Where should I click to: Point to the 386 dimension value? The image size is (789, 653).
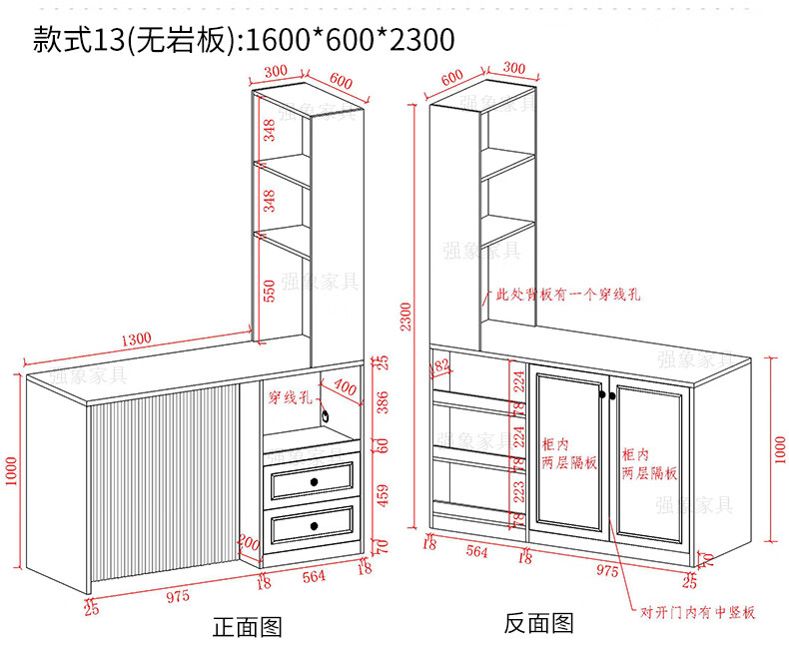point(381,403)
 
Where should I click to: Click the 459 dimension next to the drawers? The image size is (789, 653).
point(381,495)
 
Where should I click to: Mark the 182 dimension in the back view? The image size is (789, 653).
point(440,368)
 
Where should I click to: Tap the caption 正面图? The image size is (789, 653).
point(248,627)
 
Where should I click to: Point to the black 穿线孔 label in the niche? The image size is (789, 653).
point(290,397)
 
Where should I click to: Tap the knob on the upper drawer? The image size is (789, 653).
point(314,483)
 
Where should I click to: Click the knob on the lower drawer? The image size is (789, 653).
point(314,525)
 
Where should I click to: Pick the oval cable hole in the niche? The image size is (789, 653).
point(325,412)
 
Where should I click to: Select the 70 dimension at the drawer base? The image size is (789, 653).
point(381,546)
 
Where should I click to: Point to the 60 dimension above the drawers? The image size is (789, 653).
point(381,445)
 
